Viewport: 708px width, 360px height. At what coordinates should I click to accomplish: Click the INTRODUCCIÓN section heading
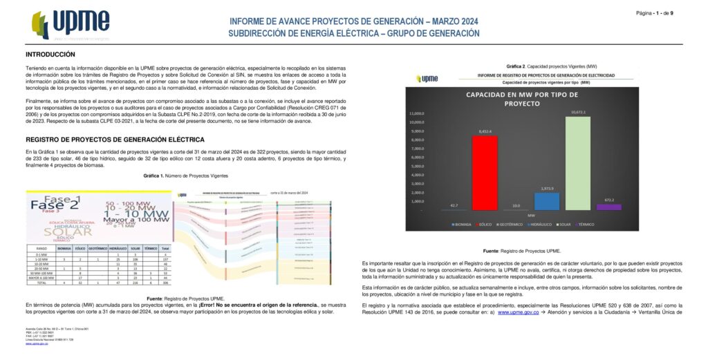click(50, 54)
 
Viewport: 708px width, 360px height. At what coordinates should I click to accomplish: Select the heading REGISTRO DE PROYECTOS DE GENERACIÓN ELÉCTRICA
click(110, 139)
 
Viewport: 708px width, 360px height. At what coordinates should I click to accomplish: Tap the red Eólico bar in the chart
click(485, 173)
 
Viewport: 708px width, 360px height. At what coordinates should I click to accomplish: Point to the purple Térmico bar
click(609, 207)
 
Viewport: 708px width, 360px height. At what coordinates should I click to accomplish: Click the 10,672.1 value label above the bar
click(578, 112)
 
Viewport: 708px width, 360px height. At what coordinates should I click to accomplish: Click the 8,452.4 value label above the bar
click(485, 131)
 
